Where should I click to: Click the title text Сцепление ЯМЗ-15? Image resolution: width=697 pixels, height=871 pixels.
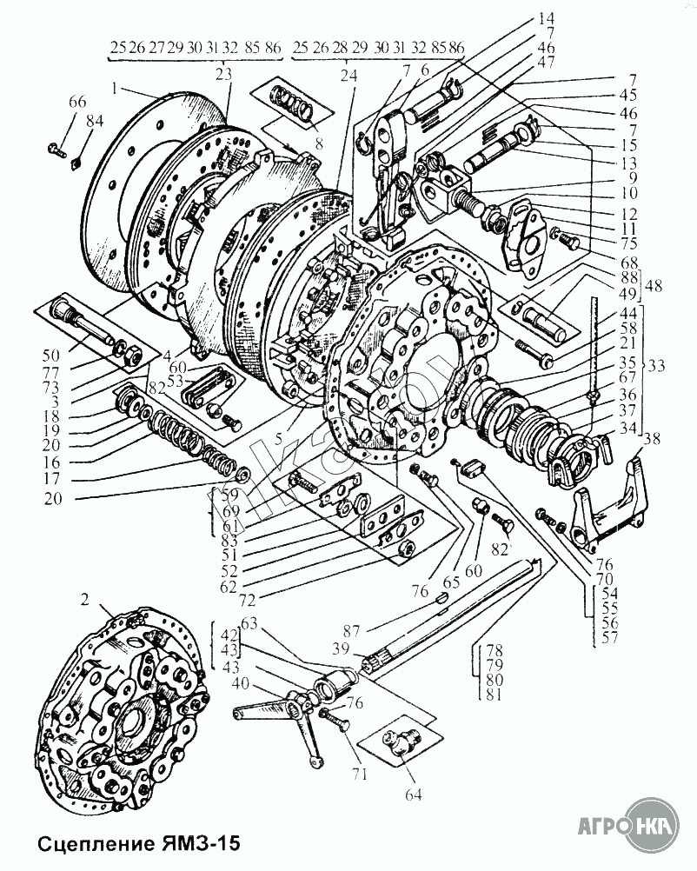pos(126,844)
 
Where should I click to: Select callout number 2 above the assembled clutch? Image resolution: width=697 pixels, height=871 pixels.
pos(84,599)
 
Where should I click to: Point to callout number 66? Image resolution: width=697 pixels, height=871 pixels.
pos(77,103)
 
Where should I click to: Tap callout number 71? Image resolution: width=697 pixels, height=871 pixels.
pos(359,773)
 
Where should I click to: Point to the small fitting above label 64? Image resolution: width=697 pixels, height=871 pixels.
pos(401,742)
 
